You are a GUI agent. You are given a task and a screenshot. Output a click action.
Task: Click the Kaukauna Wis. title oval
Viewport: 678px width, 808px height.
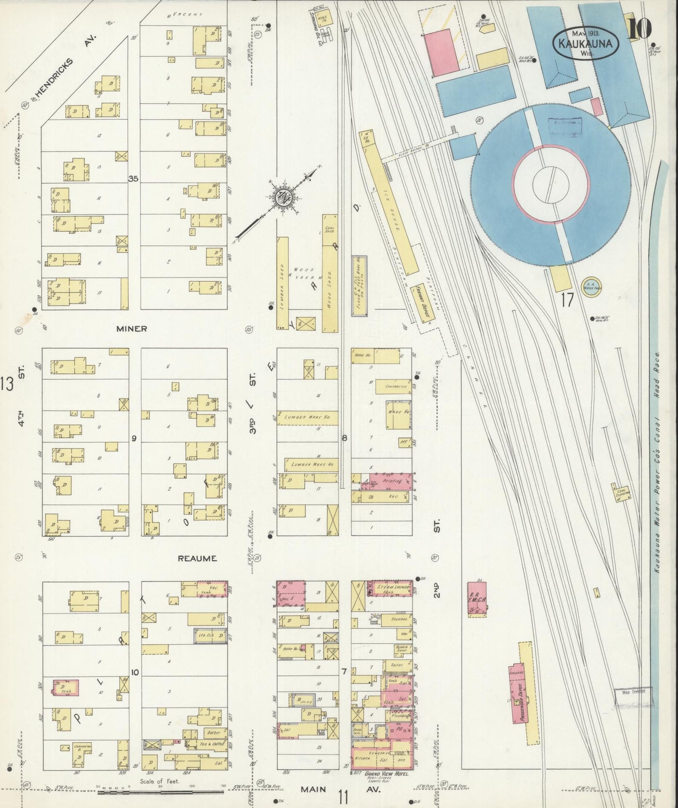[586, 43]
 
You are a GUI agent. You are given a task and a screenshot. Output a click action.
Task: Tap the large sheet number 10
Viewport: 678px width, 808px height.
[640, 29]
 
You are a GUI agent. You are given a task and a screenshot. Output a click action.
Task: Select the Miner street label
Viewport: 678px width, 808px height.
[131, 329]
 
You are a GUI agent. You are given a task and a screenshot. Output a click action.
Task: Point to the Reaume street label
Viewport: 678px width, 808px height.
[197, 559]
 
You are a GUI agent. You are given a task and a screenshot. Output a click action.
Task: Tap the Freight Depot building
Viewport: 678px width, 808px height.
[421, 303]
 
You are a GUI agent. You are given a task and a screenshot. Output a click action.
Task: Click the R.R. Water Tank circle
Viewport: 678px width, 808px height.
[591, 286]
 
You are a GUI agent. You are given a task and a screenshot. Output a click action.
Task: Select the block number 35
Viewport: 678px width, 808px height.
[134, 178]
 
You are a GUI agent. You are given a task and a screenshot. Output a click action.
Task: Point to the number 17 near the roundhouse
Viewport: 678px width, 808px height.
[567, 300]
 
